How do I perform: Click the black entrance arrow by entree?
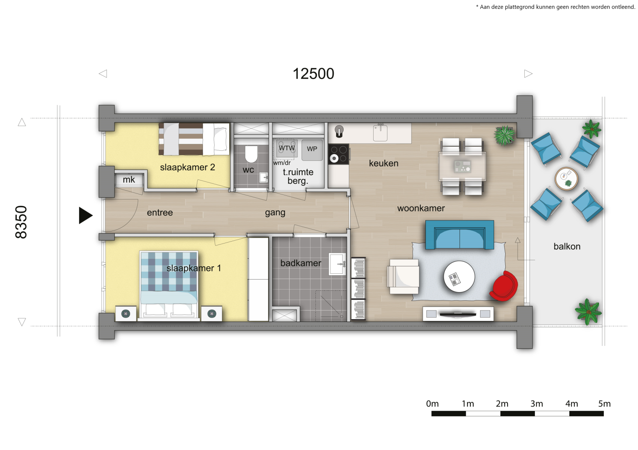click(86, 215)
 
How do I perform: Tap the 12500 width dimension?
click(313, 74)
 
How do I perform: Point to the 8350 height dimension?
click(21, 222)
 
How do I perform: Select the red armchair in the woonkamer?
click(504, 286)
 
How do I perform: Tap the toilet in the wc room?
click(251, 154)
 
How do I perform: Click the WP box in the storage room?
click(312, 150)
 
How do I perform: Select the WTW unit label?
click(287, 148)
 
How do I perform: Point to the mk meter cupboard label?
click(129, 180)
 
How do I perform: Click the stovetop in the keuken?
click(339, 154)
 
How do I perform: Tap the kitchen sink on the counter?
click(380, 133)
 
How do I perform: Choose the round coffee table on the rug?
click(459, 276)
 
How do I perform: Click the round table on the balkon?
click(566, 179)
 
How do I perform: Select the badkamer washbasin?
click(337, 264)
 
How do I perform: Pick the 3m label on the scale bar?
click(537, 403)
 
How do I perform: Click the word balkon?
click(567, 246)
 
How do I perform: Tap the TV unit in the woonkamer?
click(458, 314)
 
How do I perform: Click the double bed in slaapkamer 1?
click(169, 285)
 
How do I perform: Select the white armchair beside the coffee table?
click(403, 276)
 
